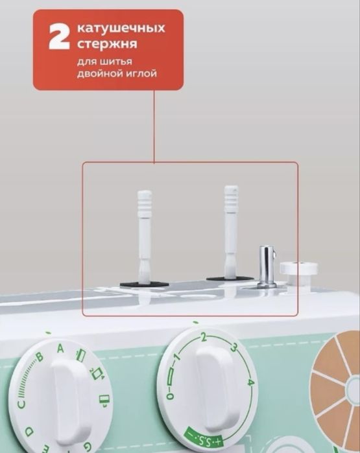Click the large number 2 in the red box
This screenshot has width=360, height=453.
pyautogui.click(x=60, y=37)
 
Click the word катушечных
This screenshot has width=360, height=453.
pyautogui.click(x=121, y=28)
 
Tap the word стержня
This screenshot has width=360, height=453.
pyautogui.click(x=107, y=45)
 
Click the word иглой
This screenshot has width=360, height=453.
pyautogui.click(x=141, y=74)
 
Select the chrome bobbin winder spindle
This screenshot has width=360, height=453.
pyautogui.click(x=266, y=266)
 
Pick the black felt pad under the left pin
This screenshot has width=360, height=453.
pyautogui.click(x=144, y=285)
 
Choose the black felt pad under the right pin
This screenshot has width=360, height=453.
pyautogui.click(x=230, y=279)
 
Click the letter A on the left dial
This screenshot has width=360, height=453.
pyautogui.click(x=60, y=349)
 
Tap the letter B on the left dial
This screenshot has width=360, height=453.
pyautogui.click(x=40, y=358)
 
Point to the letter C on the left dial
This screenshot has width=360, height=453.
pyautogui.click(x=22, y=404)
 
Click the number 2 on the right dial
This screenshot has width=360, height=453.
pyautogui.click(x=204, y=337)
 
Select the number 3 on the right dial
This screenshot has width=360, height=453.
pyautogui.click(x=234, y=347)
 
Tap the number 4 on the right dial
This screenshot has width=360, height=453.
pyautogui.click(x=251, y=382)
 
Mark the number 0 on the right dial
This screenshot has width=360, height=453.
pyautogui.click(x=171, y=396)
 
